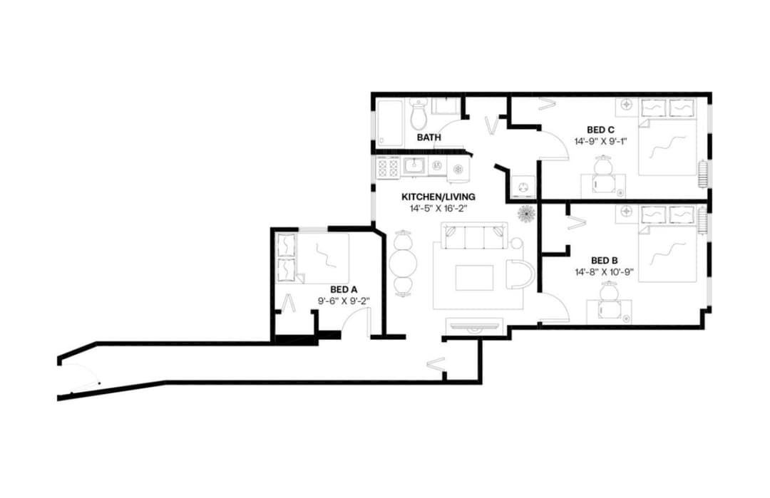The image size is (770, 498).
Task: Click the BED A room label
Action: [x=344, y=289]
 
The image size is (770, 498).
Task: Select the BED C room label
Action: [x=601, y=130]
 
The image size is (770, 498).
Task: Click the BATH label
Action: [x=429, y=137]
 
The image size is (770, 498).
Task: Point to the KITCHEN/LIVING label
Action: [x=438, y=197]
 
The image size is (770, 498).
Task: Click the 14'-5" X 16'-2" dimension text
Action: [x=438, y=209]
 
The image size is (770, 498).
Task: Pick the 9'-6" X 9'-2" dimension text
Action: [x=343, y=301]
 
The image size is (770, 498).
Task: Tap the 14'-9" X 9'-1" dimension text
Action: [x=601, y=141]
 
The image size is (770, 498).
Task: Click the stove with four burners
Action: [x=388, y=168]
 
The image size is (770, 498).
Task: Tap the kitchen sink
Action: [x=414, y=166]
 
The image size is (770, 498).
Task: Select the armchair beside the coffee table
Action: [x=520, y=274]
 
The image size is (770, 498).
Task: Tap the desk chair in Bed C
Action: [x=603, y=168]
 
